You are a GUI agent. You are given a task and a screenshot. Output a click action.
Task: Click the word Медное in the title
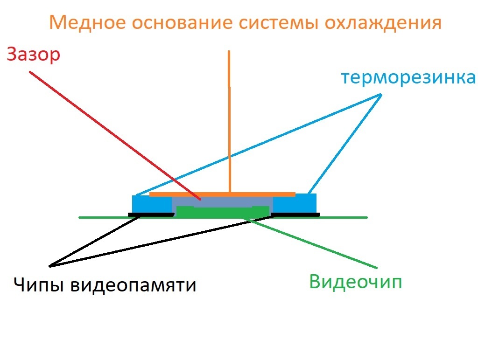tap(87, 22)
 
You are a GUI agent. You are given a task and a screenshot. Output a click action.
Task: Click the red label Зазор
tap(34, 55)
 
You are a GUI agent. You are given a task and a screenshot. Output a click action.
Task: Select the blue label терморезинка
tap(408, 77)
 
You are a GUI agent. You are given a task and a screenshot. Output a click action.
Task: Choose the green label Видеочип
tap(355, 281)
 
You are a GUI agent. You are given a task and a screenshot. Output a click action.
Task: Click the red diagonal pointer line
tap(115, 136)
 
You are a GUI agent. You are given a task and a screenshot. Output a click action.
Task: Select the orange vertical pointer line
tap(229, 122)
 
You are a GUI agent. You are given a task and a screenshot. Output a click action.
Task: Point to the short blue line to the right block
tap(345, 144)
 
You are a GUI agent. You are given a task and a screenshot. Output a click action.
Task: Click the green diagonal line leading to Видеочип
tap(309, 243)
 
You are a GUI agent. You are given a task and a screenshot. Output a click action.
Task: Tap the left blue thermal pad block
tap(152, 204)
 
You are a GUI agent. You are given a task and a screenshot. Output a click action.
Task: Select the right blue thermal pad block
tap(295, 203)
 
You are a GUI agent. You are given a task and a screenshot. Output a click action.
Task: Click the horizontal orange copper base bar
tap(222, 194)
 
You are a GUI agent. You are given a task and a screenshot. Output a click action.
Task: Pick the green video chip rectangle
tap(223, 212)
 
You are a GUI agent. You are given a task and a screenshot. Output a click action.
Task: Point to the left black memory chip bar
tap(151, 215)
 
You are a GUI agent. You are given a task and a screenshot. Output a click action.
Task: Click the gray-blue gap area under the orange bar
tap(222, 201)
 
